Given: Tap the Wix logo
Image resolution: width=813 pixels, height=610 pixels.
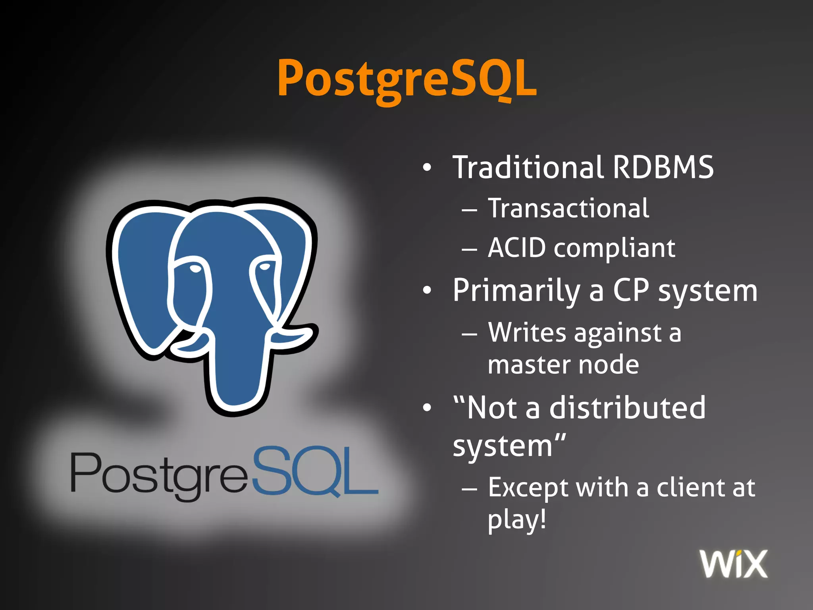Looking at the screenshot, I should [x=734, y=564].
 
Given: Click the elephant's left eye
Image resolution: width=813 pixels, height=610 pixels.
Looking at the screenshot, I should [x=195, y=269].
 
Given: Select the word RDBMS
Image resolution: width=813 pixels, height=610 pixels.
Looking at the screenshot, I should [x=663, y=167].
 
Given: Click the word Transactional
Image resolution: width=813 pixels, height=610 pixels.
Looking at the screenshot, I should [x=568, y=208].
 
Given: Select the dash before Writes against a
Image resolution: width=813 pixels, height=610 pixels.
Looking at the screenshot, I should [x=469, y=334].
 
